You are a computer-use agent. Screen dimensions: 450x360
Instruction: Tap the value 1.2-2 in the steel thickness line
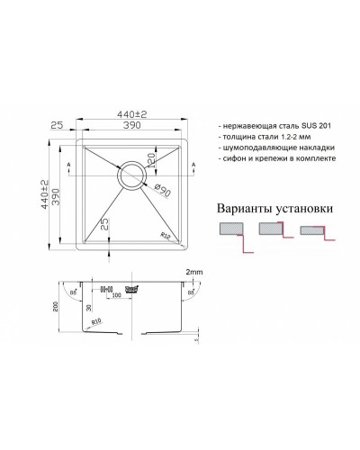click(292, 137)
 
